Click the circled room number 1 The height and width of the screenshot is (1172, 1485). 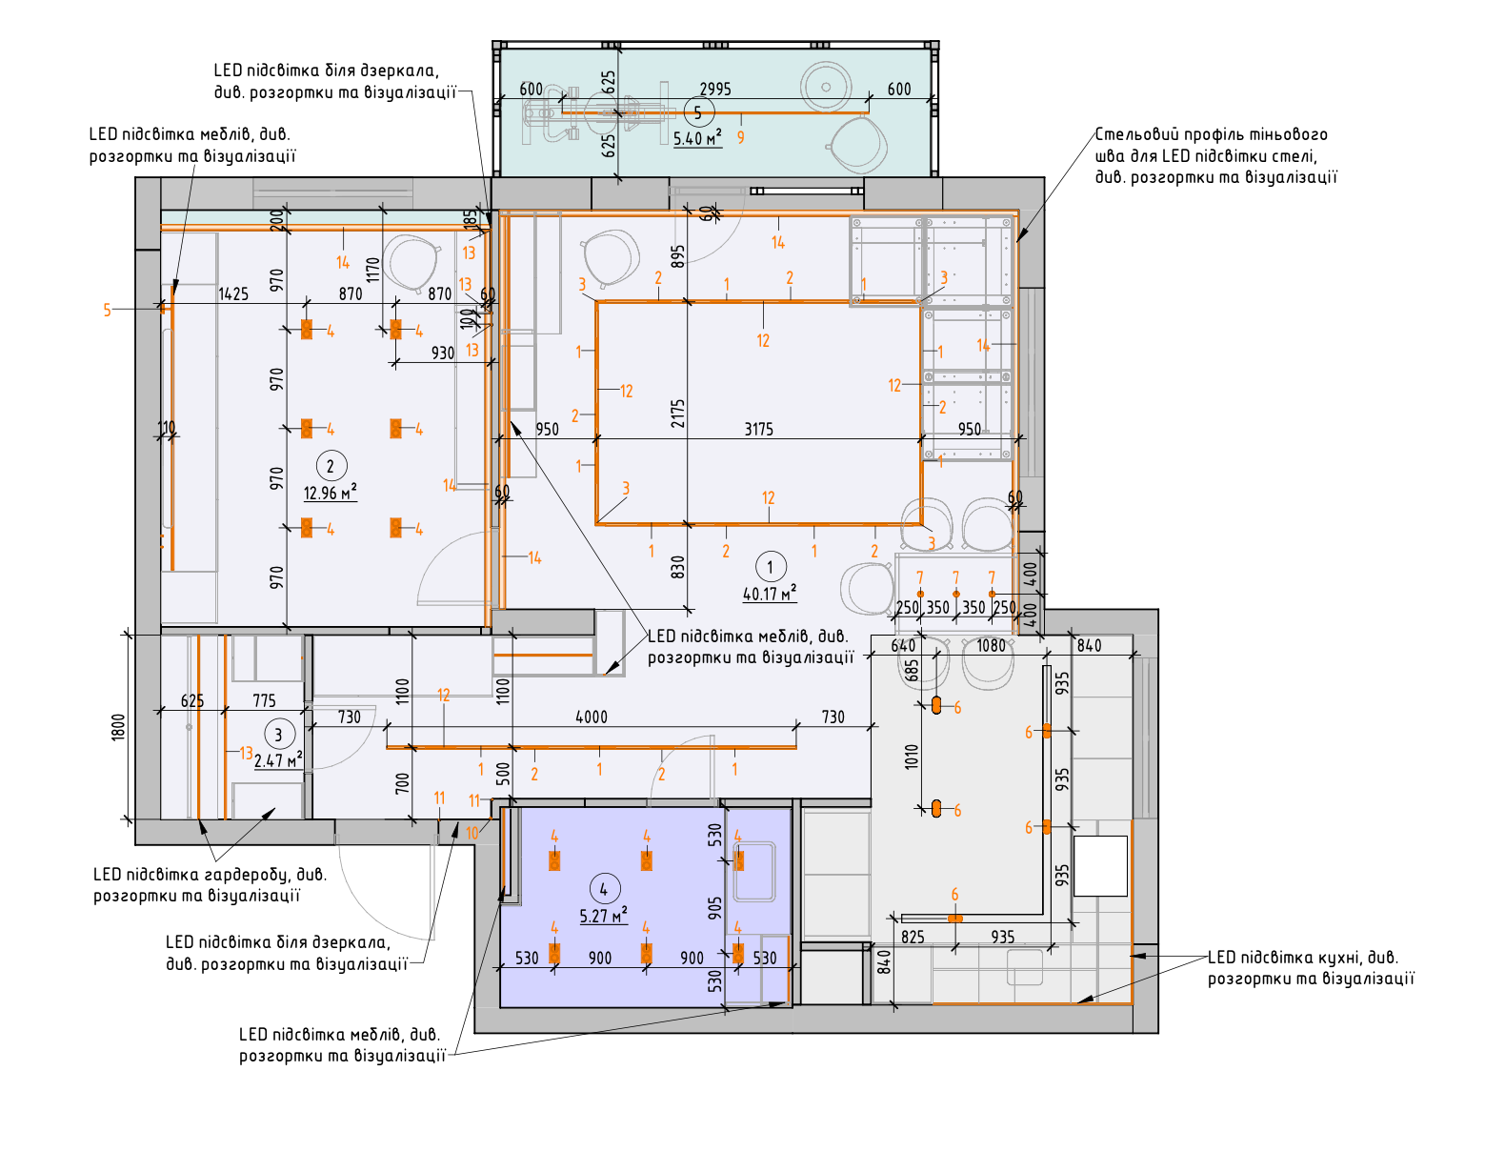770,567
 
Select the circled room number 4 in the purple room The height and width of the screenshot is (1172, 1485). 605,889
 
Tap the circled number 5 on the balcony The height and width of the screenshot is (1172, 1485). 698,112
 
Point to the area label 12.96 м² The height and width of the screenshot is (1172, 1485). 331,493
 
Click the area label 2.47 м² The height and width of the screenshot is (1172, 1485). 278,760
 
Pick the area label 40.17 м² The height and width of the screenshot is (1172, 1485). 770,593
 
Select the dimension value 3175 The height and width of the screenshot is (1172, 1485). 758,430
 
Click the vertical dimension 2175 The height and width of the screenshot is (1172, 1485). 677,414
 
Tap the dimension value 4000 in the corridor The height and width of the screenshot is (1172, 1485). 592,717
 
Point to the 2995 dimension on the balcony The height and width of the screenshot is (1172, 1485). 715,89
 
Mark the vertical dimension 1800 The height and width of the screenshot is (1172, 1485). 119,727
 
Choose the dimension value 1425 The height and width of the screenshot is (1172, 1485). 233,294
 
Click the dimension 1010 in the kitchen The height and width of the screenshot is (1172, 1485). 912,757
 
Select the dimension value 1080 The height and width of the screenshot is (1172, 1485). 991,645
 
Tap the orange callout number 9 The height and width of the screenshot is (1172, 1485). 740,137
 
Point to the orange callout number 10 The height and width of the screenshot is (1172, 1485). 472,833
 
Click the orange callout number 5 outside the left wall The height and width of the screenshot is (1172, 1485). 107,310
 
